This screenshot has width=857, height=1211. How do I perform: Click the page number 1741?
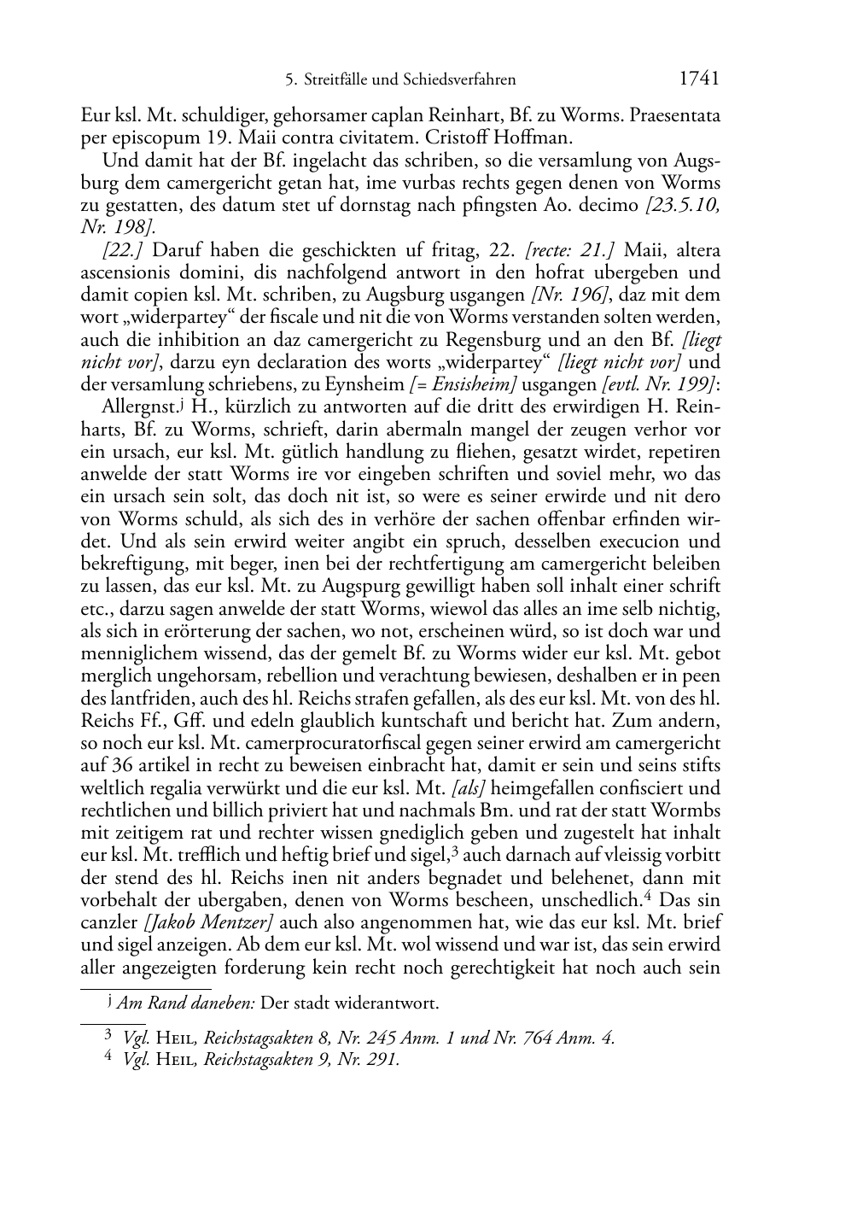tap(699, 79)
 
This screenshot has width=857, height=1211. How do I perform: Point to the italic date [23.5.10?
tap(682, 205)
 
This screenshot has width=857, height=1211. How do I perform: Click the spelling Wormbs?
tap(687, 810)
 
